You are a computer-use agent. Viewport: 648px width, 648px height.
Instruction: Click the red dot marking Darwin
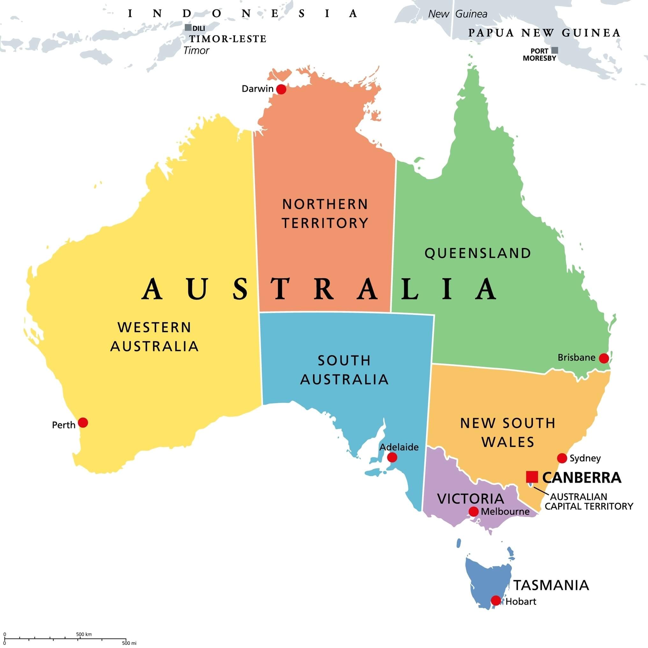[x=281, y=89]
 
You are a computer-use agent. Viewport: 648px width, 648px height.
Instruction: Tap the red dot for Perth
[x=83, y=423]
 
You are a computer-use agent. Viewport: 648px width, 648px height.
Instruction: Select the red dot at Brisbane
[x=604, y=358]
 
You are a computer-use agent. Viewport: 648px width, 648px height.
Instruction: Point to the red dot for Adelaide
[x=392, y=457]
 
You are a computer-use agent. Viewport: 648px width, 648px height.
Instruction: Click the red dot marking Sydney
[x=562, y=458]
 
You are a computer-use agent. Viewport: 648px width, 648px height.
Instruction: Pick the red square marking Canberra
[x=532, y=477]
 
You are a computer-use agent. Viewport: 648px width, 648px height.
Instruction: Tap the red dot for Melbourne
[x=473, y=512]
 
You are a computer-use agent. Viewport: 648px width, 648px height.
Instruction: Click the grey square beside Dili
[x=188, y=28]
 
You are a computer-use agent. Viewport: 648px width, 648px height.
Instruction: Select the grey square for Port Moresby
[x=555, y=50]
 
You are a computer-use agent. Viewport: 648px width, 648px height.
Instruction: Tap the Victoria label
[x=470, y=499]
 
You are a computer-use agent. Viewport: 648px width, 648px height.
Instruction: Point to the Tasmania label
[x=551, y=585]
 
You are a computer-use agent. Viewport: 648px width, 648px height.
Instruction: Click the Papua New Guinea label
[x=544, y=33]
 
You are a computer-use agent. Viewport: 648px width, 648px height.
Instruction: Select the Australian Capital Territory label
[x=589, y=501]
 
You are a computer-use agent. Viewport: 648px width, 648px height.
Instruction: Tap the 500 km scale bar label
[x=84, y=634]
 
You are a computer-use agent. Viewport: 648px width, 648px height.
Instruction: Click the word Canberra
[x=582, y=477]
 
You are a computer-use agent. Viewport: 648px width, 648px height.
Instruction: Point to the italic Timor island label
[x=196, y=51]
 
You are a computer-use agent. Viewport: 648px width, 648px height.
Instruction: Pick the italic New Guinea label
[x=457, y=14]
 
